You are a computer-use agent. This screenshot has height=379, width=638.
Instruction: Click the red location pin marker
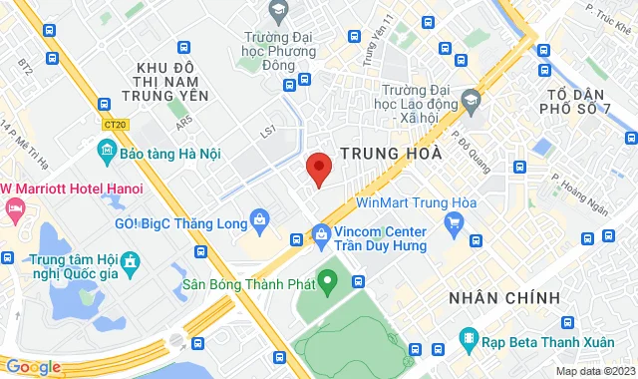(317, 169)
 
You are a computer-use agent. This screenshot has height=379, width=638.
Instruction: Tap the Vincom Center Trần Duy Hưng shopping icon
(321, 236)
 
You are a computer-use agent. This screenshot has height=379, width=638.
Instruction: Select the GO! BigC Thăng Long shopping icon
(259, 217)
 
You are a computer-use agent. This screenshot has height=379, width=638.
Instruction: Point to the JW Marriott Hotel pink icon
(14, 208)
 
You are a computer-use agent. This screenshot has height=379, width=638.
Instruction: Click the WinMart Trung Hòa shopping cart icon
(454, 224)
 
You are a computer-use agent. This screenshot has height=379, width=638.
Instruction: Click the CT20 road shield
(115, 125)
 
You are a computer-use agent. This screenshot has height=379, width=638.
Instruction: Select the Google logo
(33, 366)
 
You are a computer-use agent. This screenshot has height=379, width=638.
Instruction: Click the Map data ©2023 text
(594, 371)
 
